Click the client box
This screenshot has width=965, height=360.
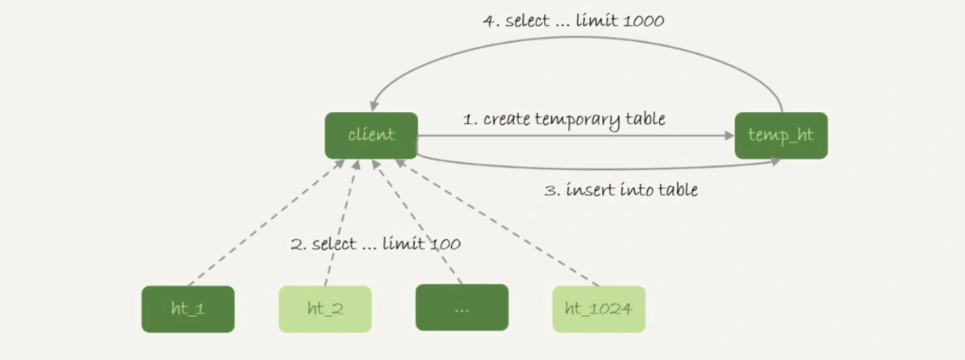tap(371, 135)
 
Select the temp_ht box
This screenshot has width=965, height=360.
tap(781, 135)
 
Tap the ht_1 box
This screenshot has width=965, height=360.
tap(188, 309)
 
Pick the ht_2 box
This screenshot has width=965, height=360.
tap(325, 309)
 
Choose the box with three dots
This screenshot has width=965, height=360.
tap(462, 309)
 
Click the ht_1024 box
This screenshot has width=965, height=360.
tap(598, 309)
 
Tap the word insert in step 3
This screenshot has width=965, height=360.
tap(586, 190)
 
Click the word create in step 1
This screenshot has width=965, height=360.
tap(507, 119)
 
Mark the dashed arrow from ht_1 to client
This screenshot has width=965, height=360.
tap(263, 223)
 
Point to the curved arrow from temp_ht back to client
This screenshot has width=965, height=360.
tap(571, 38)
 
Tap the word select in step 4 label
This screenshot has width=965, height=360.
tap(527, 21)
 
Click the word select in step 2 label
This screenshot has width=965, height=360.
tap(334, 244)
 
